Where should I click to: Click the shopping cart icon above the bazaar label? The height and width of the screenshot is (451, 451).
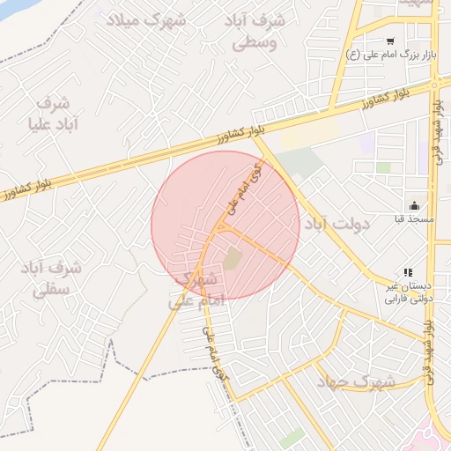click(x=390, y=41)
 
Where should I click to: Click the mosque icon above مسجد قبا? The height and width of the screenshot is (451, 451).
click(x=415, y=205)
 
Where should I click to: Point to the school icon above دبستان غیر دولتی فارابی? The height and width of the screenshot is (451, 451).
click(x=407, y=273)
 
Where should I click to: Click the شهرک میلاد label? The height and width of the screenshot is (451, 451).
click(x=147, y=19)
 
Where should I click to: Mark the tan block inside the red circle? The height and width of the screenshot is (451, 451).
click(x=233, y=260)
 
